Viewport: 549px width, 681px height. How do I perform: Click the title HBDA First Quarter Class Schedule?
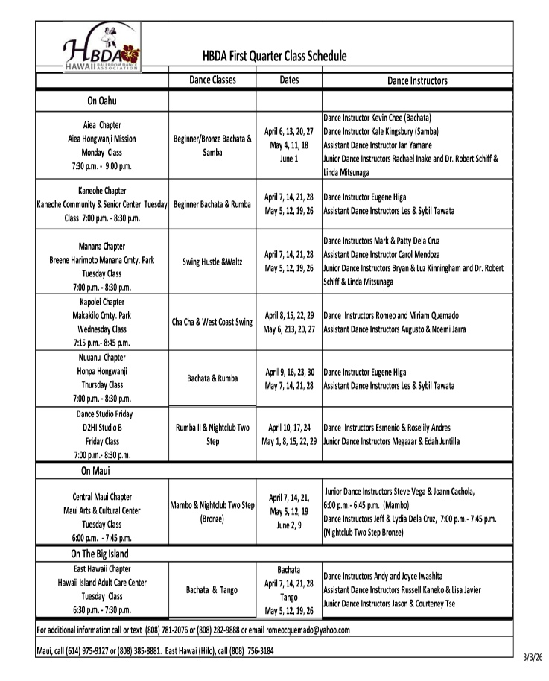pos(274,56)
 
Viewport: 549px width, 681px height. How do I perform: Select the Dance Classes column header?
pos(212,80)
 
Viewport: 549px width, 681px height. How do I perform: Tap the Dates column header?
pos(289,80)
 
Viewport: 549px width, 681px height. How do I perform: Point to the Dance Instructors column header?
pos(417,80)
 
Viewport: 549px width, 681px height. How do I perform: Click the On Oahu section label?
pos(102,101)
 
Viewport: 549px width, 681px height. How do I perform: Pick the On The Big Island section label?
pos(100,554)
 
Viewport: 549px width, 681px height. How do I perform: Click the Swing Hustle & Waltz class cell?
pos(212,262)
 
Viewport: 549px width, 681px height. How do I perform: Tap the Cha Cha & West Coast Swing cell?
pos(212,322)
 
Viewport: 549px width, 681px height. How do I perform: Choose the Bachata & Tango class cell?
pos(212,590)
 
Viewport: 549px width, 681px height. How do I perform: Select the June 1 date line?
pos(289,159)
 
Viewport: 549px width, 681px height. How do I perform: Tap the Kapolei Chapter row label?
pos(102,302)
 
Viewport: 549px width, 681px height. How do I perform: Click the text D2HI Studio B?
pos(102,428)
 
